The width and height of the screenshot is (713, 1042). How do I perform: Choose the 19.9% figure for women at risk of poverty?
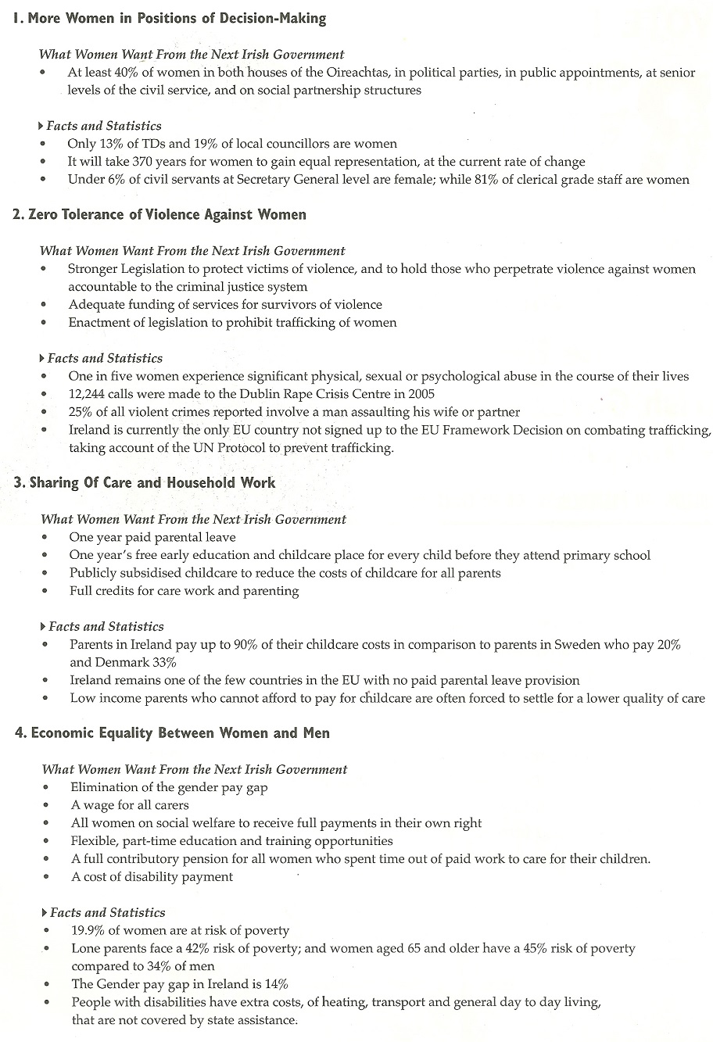[88, 930]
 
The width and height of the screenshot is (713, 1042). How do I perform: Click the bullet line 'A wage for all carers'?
[130, 805]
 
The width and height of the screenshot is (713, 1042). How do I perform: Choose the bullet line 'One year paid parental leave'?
[152, 537]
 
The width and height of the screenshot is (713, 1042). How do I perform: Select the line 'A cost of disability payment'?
[152, 877]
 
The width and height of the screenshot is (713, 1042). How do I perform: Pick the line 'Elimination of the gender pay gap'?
[169, 787]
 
